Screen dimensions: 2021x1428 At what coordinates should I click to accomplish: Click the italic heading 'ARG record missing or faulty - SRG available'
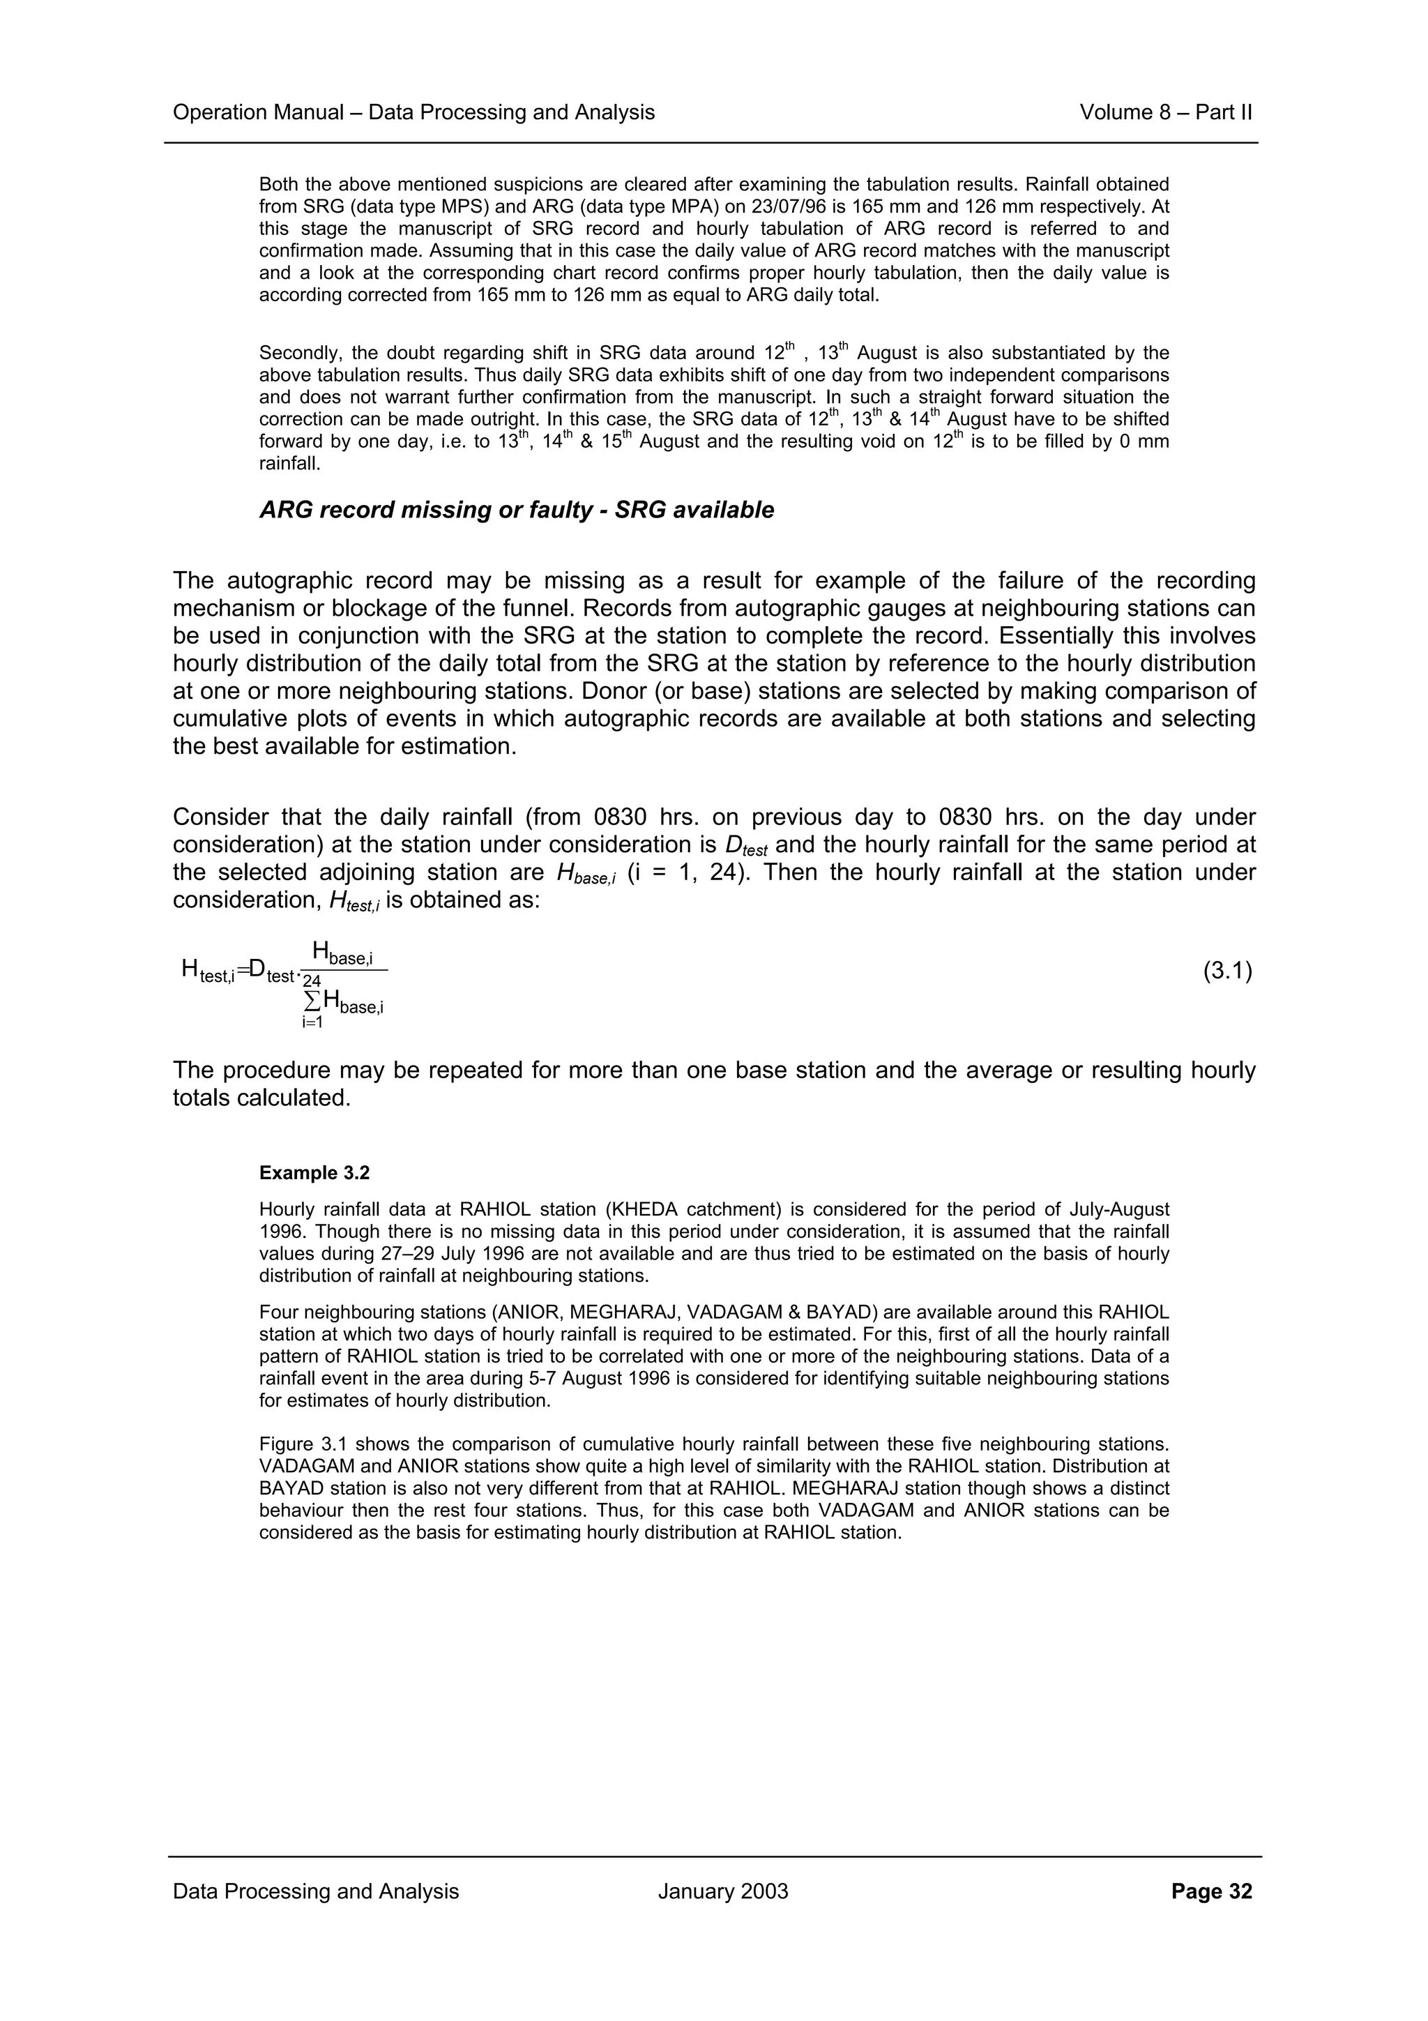(517, 510)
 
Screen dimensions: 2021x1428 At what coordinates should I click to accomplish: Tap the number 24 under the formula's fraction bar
(312, 981)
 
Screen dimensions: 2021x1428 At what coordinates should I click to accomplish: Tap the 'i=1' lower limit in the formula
(312, 1023)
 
